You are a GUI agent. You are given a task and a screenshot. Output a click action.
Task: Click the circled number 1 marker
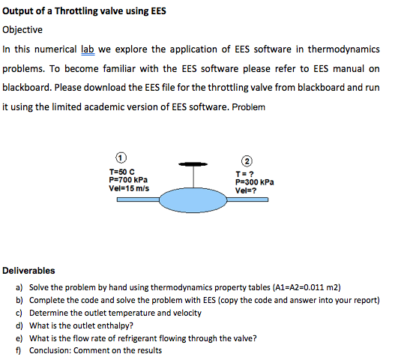tap(119, 158)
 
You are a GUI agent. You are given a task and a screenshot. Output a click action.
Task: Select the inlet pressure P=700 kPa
tap(128, 180)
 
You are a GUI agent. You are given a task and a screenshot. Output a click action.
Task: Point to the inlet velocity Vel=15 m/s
tap(129, 188)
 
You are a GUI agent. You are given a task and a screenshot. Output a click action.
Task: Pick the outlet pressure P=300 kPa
tap(255, 181)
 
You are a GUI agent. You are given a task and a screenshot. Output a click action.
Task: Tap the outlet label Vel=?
tap(247, 190)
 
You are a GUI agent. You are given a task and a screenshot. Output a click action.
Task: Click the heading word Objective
tap(23, 30)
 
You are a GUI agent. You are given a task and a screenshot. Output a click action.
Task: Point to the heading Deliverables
tap(29, 271)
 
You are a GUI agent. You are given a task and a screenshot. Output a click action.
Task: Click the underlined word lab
tap(89, 49)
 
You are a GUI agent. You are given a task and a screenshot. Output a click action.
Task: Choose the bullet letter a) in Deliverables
tap(19, 288)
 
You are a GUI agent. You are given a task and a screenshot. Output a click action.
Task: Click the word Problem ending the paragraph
tap(247, 106)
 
